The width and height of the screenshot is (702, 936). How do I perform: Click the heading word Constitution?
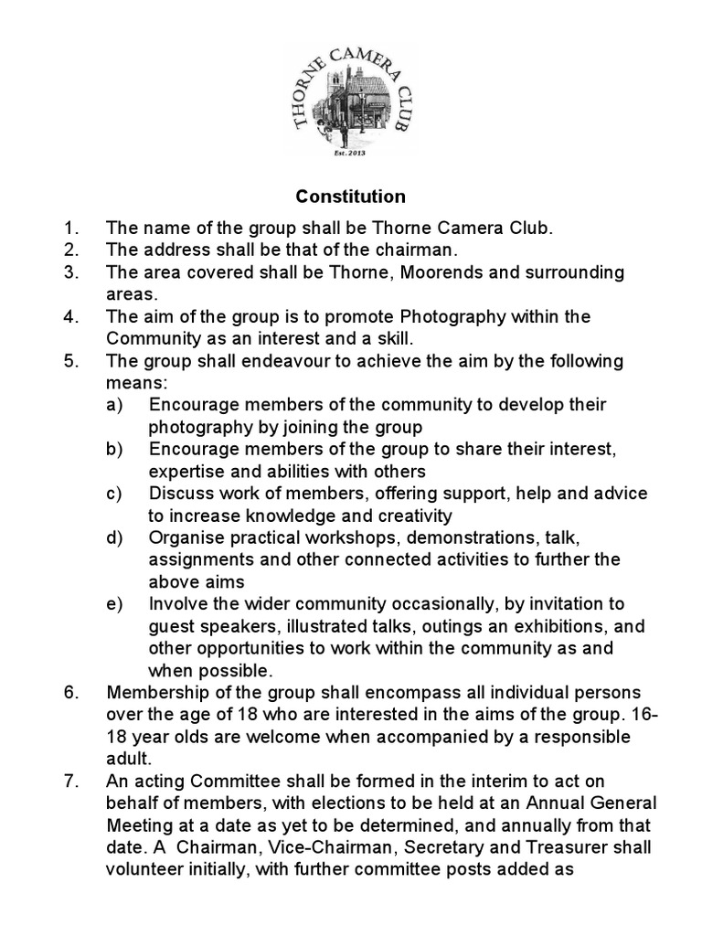point(350,197)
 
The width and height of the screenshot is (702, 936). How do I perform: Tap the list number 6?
point(72,692)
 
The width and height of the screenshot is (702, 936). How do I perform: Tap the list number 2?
point(72,250)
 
